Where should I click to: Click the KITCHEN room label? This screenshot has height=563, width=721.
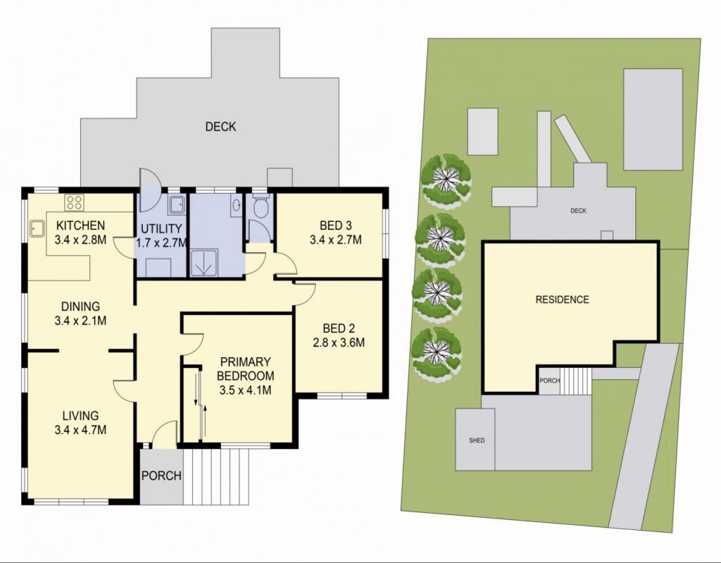click(x=80, y=225)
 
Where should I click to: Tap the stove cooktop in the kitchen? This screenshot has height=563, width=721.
click(x=75, y=202)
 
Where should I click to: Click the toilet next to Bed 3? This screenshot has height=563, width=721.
click(x=261, y=206)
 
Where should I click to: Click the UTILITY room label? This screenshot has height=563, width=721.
click(x=161, y=228)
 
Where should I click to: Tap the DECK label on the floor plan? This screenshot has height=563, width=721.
click(x=220, y=127)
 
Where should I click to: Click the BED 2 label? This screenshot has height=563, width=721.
click(x=339, y=328)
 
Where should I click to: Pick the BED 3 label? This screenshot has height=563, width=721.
click(x=336, y=225)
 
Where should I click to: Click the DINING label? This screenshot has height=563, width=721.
click(x=80, y=306)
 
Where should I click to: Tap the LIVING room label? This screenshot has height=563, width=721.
click(x=80, y=416)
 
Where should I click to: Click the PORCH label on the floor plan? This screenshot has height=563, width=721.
click(x=161, y=476)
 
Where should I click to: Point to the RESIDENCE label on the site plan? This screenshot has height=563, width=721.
click(x=562, y=299)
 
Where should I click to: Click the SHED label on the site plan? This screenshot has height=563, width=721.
click(x=477, y=440)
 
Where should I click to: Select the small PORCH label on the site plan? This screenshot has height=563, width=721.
click(x=549, y=381)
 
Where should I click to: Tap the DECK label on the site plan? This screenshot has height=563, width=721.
click(x=578, y=211)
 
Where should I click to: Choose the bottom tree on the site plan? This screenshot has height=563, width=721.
click(x=437, y=352)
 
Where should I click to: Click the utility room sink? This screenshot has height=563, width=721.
click(x=177, y=205)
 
